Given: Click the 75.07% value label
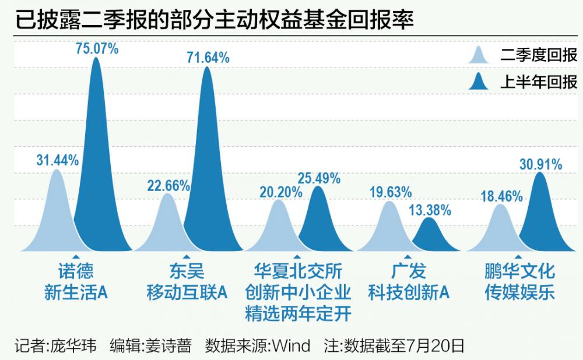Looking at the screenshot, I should pyautogui.click(x=97, y=48).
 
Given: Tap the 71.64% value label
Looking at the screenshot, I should pyautogui.click(x=208, y=57).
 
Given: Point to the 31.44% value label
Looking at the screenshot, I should pyautogui.click(x=57, y=161).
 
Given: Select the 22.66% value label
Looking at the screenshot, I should pyautogui.click(x=168, y=186).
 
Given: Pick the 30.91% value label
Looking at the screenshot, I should pyautogui.click(x=540, y=165).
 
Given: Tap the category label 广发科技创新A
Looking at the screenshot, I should pyautogui.click(x=408, y=281).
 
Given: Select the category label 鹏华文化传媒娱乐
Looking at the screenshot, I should pyautogui.click(x=519, y=281).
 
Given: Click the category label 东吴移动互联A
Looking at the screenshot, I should pyautogui.click(x=186, y=281).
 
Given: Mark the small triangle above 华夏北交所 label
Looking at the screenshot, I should pyautogui.click(x=297, y=257).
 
